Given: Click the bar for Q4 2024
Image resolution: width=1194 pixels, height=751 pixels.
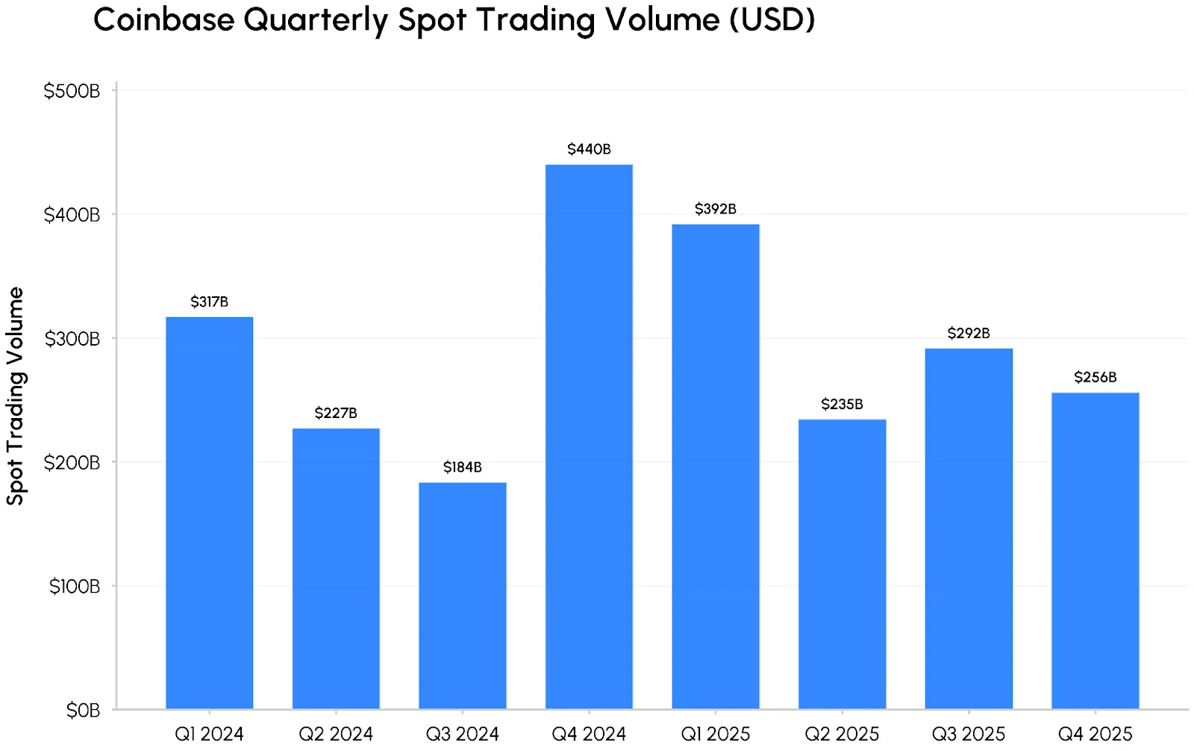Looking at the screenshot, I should click(589, 437).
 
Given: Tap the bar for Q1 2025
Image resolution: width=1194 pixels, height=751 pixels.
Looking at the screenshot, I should click(716, 467).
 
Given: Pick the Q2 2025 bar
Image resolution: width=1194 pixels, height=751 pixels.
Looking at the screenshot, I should click(842, 564).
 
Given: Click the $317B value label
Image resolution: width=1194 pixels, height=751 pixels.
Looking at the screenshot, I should click(209, 302).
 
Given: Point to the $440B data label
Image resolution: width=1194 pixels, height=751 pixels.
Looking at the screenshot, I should click(589, 149).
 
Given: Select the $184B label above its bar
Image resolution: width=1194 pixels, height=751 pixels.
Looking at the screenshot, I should click(463, 467).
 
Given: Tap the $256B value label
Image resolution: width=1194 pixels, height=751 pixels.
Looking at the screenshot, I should click(1095, 377).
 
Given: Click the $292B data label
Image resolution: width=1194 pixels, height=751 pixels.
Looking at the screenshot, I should click(969, 333).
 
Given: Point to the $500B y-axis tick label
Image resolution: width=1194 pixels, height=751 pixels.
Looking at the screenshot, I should click(72, 91).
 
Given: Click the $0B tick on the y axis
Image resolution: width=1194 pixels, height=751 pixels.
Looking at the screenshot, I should click(83, 710).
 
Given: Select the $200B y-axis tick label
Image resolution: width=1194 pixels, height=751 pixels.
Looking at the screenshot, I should click(72, 463).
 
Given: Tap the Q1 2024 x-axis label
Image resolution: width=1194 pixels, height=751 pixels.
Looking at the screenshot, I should click(209, 734).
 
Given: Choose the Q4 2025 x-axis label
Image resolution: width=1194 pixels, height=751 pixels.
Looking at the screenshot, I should click(1095, 734).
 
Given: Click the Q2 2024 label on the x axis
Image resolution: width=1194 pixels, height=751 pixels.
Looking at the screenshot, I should click(336, 734).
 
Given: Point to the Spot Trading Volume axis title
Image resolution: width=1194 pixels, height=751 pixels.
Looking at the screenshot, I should click(16, 396).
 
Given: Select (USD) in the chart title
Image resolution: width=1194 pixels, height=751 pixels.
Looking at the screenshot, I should click(772, 19).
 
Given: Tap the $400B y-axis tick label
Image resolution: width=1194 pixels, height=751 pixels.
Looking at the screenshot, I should click(72, 215).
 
